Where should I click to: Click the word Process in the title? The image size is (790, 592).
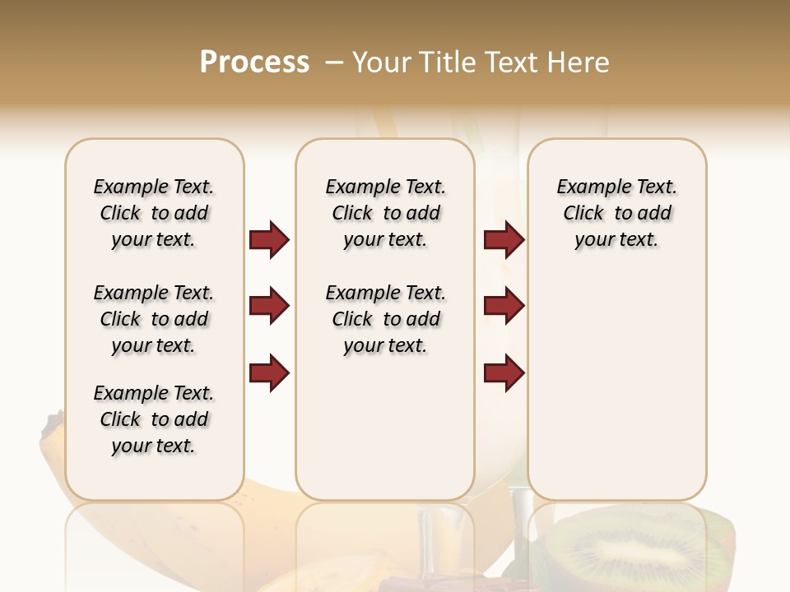click(254, 62)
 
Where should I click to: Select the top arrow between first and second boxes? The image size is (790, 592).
click(269, 239)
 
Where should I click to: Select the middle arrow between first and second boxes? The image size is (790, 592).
click(269, 306)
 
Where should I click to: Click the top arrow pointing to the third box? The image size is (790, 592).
click(504, 239)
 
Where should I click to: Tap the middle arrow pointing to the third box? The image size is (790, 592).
click(504, 306)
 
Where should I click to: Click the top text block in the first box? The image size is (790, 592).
click(154, 213)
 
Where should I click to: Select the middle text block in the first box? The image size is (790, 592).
click(154, 319)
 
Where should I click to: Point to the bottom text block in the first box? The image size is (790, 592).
click(154, 419)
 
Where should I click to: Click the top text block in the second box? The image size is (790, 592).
click(385, 213)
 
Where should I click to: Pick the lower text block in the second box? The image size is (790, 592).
click(385, 319)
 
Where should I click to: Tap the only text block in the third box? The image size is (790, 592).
click(616, 213)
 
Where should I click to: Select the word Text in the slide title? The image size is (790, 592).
click(509, 62)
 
